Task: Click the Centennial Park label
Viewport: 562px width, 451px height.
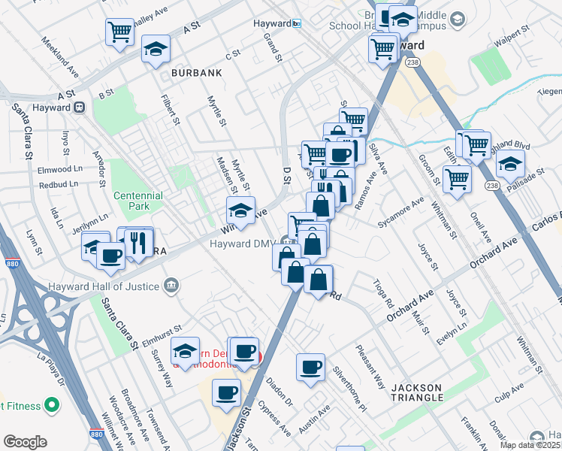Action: pyautogui.click(x=137, y=200)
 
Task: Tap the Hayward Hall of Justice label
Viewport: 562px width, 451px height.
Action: pyautogui.click(x=104, y=286)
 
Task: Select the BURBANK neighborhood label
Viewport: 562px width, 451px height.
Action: pyautogui.click(x=196, y=73)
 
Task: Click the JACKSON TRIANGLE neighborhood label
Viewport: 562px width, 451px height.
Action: pyautogui.click(x=426, y=393)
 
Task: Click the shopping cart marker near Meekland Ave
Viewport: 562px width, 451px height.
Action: pyautogui.click(x=119, y=32)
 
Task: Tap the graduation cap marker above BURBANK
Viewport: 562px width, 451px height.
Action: pyautogui.click(x=156, y=50)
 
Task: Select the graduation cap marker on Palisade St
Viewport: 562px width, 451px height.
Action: pyautogui.click(x=510, y=164)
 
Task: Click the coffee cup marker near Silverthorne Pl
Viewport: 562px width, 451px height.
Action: pyautogui.click(x=310, y=368)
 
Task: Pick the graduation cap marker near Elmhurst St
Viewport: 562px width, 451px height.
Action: pyautogui.click(x=185, y=351)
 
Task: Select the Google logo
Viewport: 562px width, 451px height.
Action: pyautogui.click(x=25, y=442)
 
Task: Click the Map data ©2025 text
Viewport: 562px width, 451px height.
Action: pyautogui.click(x=530, y=445)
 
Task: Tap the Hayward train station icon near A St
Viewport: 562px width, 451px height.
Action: pyautogui.click(x=78, y=107)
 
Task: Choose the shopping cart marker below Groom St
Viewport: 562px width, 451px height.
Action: pyautogui.click(x=455, y=179)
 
